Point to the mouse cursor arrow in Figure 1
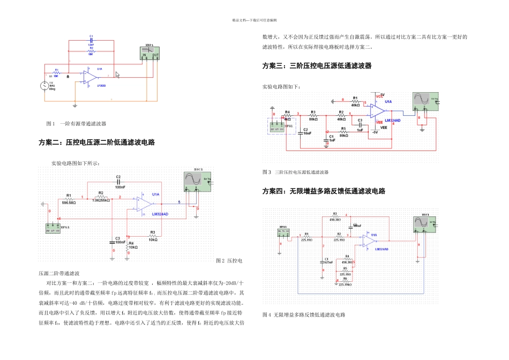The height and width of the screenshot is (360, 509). tap(117, 76)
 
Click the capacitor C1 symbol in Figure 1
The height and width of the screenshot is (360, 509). tap(92, 40)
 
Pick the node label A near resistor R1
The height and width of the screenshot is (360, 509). tap(68, 77)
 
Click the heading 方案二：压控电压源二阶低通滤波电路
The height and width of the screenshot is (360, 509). tap(96, 143)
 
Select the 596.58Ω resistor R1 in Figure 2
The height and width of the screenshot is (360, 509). tap(69, 199)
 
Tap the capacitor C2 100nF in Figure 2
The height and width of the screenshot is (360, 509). tap(118, 182)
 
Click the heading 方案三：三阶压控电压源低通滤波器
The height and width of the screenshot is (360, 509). tap(317, 66)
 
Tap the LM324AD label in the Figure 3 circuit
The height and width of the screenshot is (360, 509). tap(396, 121)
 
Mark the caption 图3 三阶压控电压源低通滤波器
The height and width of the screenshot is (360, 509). tap(295, 172)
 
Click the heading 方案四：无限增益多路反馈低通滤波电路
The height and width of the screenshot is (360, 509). tap(324, 191)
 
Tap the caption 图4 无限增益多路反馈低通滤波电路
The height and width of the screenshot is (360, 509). tap(303, 315)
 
